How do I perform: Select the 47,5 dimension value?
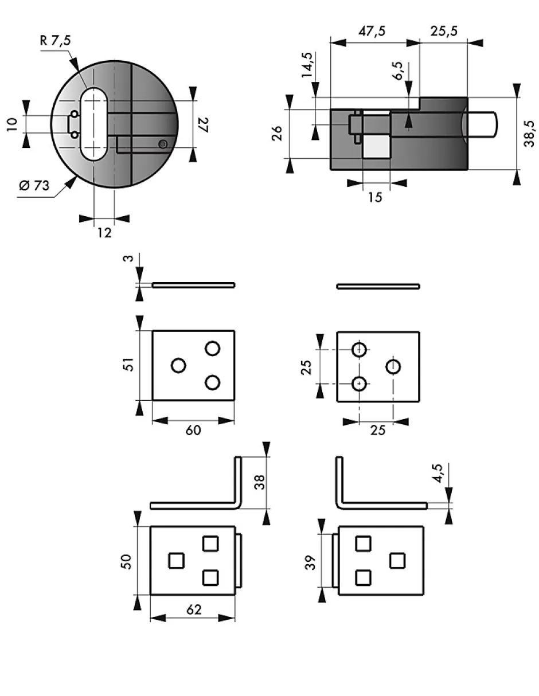point(372,32)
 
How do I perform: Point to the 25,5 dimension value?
point(444,32)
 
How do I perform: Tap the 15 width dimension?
point(375,197)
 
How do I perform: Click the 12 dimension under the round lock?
point(104,232)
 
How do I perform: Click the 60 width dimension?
point(193,430)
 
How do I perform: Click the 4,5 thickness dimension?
point(439,474)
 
